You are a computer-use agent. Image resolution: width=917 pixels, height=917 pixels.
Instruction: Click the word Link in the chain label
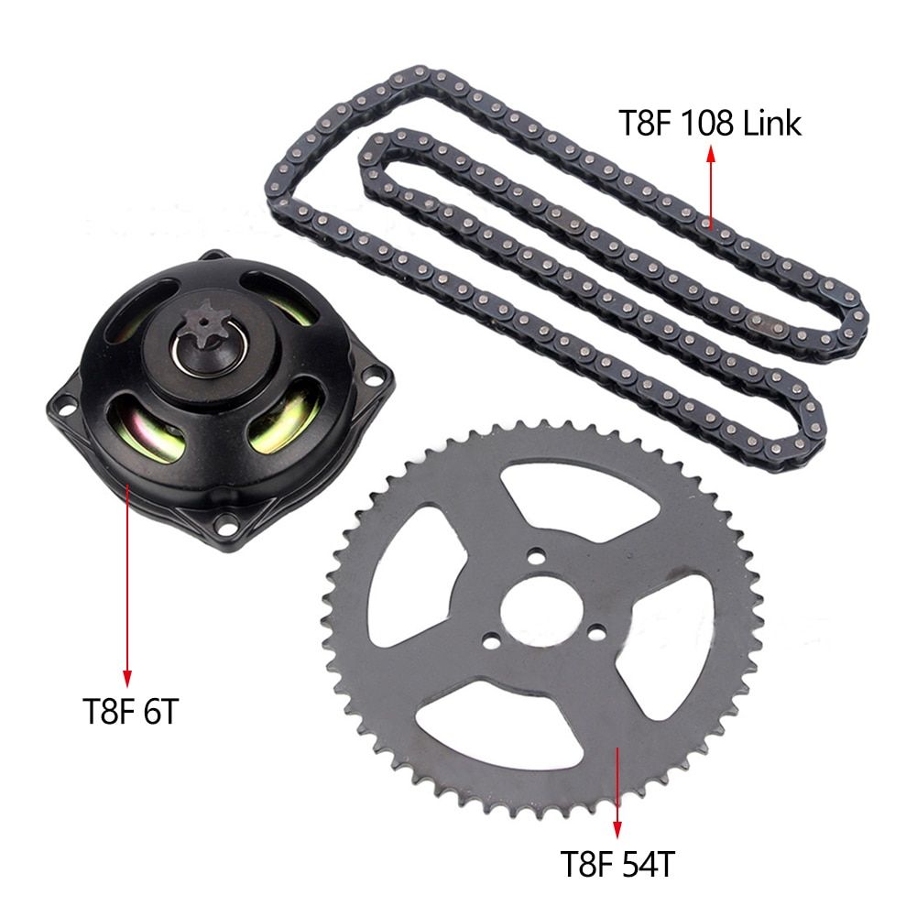(771, 123)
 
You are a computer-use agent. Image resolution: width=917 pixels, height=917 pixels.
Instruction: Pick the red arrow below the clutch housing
(127, 587)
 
